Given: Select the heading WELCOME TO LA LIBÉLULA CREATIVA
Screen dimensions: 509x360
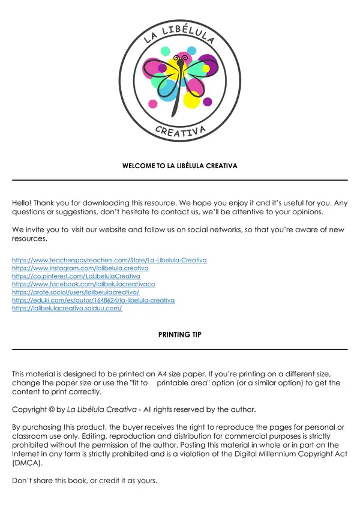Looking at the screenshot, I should [180, 166].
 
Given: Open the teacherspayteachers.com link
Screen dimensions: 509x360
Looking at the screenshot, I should [109, 261].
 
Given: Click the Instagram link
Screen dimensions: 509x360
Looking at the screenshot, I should [80, 268].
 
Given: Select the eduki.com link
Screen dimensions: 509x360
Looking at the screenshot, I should [93, 300].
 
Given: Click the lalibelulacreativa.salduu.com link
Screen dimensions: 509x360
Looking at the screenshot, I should [67, 308].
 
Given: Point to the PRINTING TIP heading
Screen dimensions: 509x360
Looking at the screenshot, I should [180, 335].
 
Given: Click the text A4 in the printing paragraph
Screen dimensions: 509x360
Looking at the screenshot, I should [154, 373].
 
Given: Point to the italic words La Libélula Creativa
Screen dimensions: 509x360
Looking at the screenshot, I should [100, 409].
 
